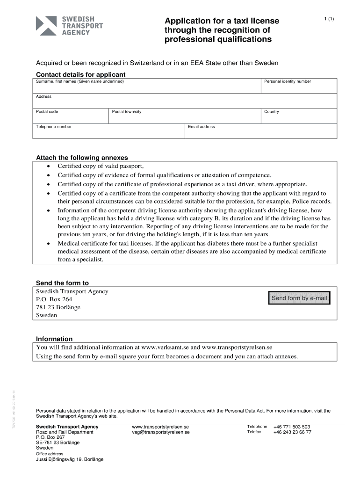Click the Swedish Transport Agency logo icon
(x=47, y=25)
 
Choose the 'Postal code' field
(x=71, y=116)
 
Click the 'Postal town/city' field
(x=185, y=116)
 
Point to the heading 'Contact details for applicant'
(x=81, y=74)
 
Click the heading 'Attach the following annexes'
(x=82, y=158)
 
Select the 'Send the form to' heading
(x=62, y=283)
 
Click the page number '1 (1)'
(x=329, y=19)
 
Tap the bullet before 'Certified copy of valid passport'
(x=49, y=166)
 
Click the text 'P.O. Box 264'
(x=54, y=299)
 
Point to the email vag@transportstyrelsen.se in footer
(x=161, y=432)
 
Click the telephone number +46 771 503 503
(x=292, y=427)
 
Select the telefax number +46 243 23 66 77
(x=292, y=432)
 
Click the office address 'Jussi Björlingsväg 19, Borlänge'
(x=70, y=459)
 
